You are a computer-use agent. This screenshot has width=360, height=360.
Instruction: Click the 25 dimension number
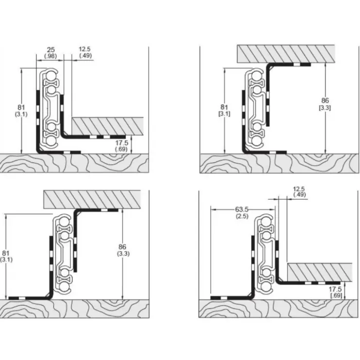click(x=51, y=50)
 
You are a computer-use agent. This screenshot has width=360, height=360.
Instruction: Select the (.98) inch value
click(x=51, y=56)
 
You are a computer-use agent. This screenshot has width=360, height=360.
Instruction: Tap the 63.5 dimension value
click(x=241, y=209)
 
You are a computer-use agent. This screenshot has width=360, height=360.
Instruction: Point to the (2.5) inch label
click(x=242, y=216)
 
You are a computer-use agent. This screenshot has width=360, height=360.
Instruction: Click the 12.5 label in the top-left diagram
click(x=85, y=49)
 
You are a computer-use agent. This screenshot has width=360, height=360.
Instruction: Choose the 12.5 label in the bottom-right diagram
click(x=299, y=189)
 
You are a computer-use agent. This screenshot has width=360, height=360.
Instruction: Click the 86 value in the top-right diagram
click(x=325, y=100)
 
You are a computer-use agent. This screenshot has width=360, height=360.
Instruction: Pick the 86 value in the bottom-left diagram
click(x=123, y=247)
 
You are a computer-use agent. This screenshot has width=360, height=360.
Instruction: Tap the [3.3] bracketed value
click(x=325, y=108)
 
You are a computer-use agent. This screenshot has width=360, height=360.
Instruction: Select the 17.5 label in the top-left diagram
click(x=122, y=143)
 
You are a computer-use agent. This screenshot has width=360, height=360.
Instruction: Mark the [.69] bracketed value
click(x=336, y=295)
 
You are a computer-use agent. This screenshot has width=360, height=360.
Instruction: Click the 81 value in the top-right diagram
click(x=224, y=107)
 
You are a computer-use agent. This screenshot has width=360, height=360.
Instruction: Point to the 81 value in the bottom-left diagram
click(x=6, y=253)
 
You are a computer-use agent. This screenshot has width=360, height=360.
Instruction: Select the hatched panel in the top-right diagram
click(x=286, y=54)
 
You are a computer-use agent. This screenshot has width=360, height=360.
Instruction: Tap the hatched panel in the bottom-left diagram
click(x=92, y=199)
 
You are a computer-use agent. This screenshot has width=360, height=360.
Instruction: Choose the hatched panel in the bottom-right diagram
click(x=320, y=272)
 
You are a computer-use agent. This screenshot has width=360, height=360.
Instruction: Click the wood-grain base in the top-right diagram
click(x=279, y=163)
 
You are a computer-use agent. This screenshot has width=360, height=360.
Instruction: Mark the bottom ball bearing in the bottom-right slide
click(x=266, y=287)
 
